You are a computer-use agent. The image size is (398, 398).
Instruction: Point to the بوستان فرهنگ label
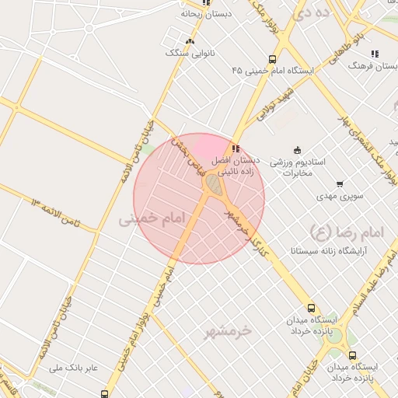375,68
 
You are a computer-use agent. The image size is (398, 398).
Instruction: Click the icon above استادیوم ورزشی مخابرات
296,150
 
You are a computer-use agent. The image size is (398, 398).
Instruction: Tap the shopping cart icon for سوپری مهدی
340,184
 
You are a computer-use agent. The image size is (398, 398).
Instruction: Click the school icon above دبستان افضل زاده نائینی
235,149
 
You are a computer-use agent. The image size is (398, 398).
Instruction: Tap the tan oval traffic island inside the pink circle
213,185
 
